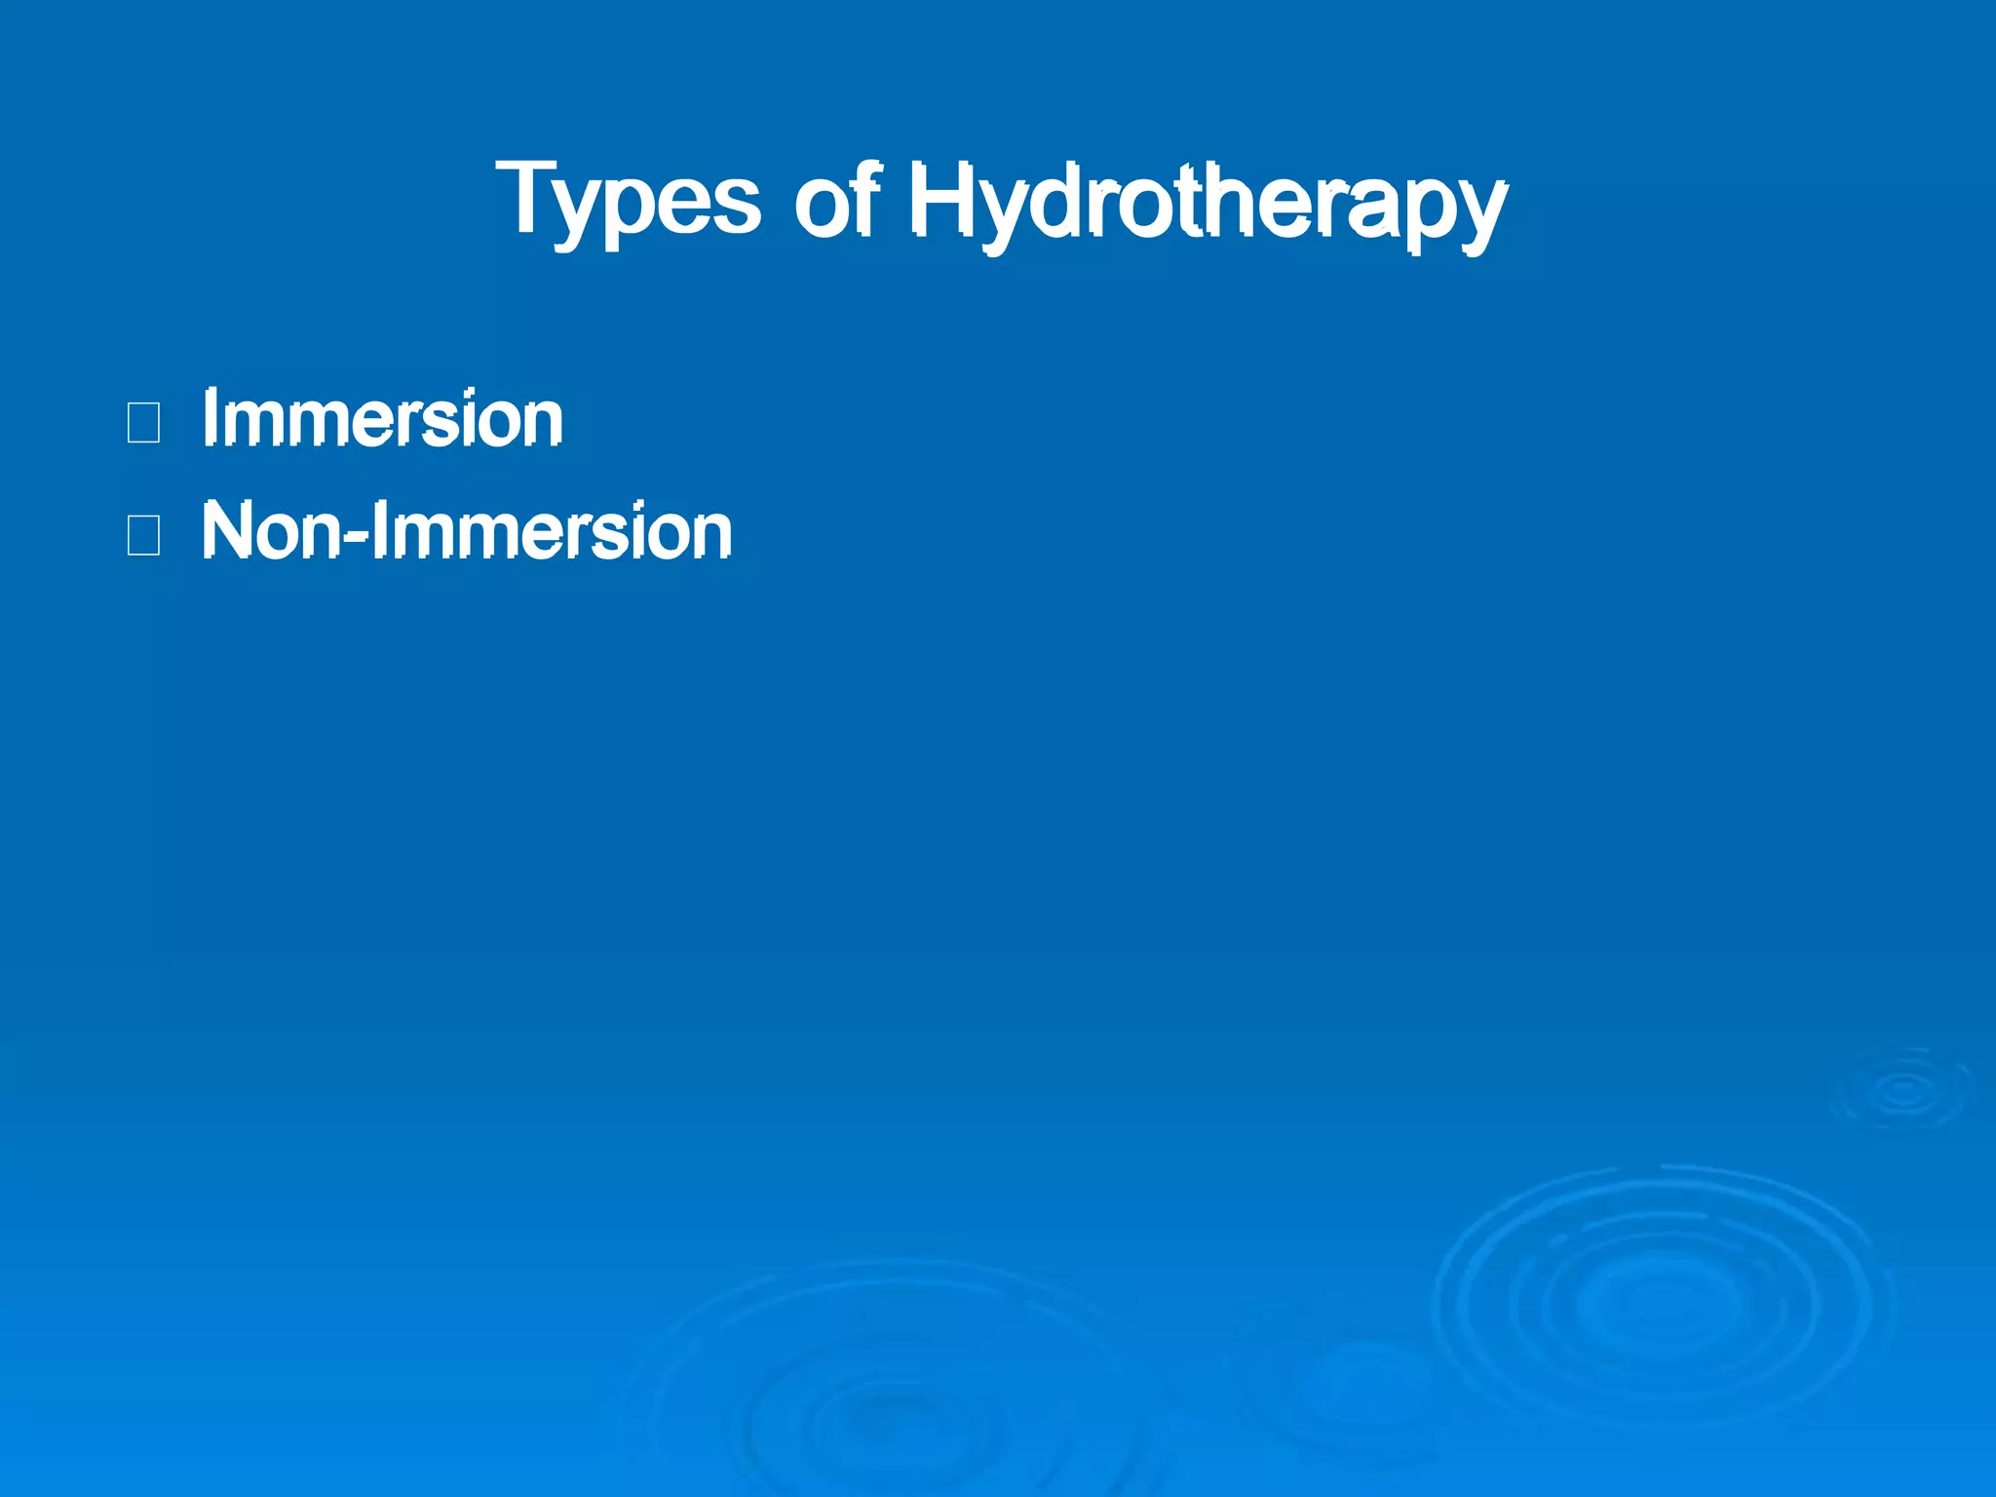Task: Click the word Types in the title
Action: click(x=628, y=200)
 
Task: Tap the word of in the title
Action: click(x=837, y=200)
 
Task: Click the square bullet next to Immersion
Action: click(x=143, y=423)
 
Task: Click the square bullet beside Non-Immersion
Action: click(x=143, y=535)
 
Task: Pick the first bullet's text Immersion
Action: click(x=382, y=419)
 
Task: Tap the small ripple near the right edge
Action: click(x=1902, y=1090)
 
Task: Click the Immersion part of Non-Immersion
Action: click(x=552, y=531)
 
